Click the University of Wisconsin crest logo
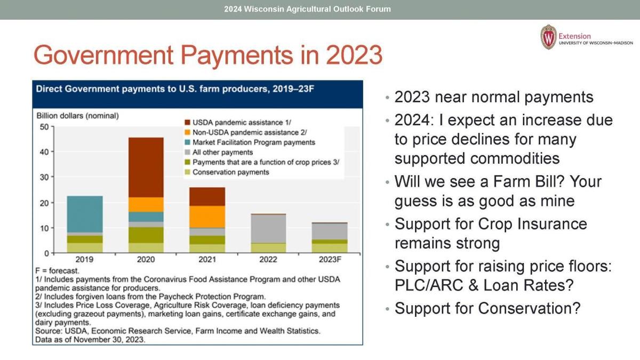[x=548, y=37]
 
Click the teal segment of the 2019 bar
[x=84, y=214]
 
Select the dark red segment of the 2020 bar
[x=146, y=167]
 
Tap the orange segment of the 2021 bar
[x=207, y=217]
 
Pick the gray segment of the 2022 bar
[x=269, y=228]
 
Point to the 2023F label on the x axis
[x=330, y=260]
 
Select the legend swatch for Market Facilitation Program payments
[x=187, y=142]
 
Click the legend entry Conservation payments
[x=230, y=172]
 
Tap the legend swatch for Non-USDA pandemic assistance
[x=187, y=132]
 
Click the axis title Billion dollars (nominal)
[x=77, y=116]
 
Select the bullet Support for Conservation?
[x=487, y=308]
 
